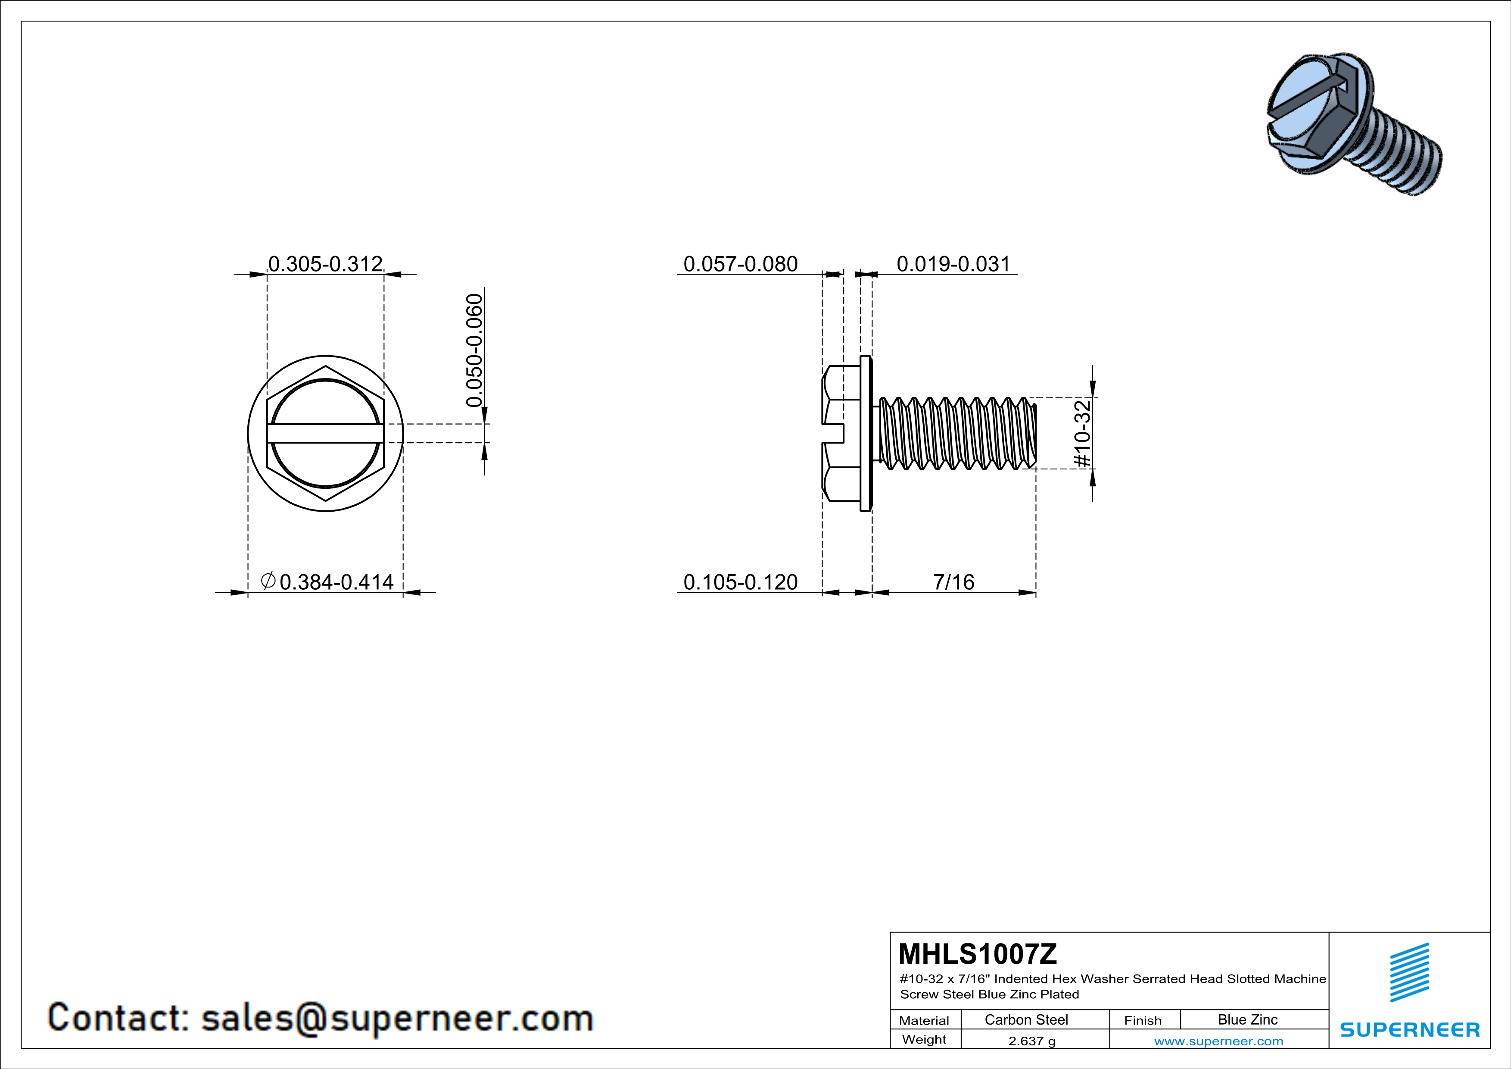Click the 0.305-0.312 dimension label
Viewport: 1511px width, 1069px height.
click(x=325, y=264)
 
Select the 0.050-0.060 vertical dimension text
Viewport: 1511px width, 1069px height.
click(x=474, y=350)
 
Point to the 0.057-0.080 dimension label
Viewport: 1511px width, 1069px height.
click(x=740, y=264)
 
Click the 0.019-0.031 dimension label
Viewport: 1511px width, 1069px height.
click(x=953, y=264)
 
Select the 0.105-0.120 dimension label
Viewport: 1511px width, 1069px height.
click(x=740, y=582)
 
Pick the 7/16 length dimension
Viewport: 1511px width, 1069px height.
click(x=953, y=582)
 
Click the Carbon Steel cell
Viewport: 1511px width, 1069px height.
click(x=1026, y=1019)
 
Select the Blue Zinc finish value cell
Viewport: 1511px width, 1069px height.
click(x=1247, y=1019)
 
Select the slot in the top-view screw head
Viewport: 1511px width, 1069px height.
click(x=325, y=433)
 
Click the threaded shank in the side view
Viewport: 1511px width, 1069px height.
click(x=954, y=433)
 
